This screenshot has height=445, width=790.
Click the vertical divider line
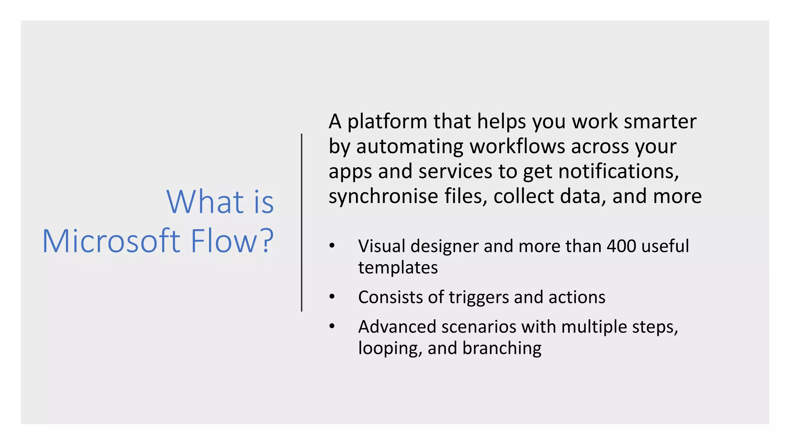point(302,222)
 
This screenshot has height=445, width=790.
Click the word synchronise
point(383,196)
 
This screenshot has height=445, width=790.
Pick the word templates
point(398,268)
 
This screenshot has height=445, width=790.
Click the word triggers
point(479,297)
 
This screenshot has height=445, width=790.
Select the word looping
point(387,348)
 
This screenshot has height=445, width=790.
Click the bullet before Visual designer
point(332,246)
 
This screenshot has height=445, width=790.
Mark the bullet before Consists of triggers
point(332,297)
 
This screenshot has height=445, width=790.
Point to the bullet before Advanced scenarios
point(332,326)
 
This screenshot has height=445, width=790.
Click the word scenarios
point(479,327)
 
